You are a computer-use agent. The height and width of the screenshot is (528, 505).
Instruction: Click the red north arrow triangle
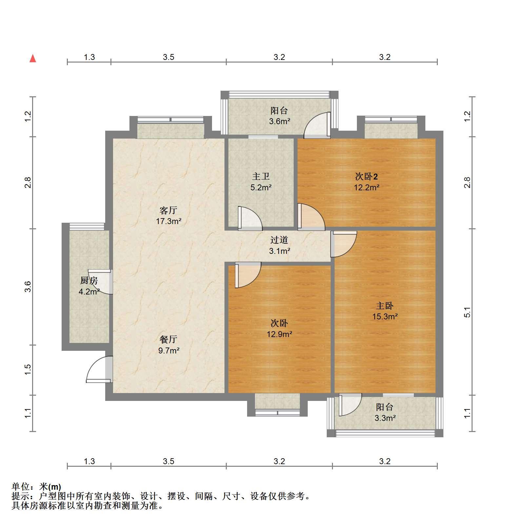click(x=33, y=58)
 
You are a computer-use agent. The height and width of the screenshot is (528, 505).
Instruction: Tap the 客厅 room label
click(x=168, y=210)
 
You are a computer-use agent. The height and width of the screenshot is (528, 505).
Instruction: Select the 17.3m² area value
click(x=168, y=221)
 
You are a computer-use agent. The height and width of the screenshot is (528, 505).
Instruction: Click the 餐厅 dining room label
click(x=168, y=339)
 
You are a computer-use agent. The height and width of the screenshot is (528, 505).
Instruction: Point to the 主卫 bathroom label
click(x=261, y=176)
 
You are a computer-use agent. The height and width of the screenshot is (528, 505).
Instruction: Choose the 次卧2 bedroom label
click(x=366, y=177)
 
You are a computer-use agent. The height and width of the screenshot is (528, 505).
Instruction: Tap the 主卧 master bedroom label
click(x=385, y=306)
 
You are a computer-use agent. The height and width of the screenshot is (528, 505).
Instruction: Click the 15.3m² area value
click(x=385, y=317)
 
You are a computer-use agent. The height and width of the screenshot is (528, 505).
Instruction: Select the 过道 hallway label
click(x=279, y=240)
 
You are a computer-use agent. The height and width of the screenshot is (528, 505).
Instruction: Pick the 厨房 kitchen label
click(x=89, y=281)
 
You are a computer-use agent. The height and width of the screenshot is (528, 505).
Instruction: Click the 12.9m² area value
click(x=279, y=334)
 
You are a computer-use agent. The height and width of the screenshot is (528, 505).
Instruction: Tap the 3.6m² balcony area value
click(x=280, y=122)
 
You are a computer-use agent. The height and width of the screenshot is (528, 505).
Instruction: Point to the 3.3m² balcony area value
click(x=385, y=418)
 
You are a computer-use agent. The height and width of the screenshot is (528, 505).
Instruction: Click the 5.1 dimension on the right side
click(x=467, y=312)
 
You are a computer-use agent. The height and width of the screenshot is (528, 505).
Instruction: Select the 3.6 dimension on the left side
click(x=28, y=287)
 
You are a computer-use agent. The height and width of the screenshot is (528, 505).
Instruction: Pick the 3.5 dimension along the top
click(x=168, y=57)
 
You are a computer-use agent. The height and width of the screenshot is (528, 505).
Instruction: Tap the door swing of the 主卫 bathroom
click(x=250, y=218)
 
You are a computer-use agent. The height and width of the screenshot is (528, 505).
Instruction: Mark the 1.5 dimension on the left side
click(x=28, y=370)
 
